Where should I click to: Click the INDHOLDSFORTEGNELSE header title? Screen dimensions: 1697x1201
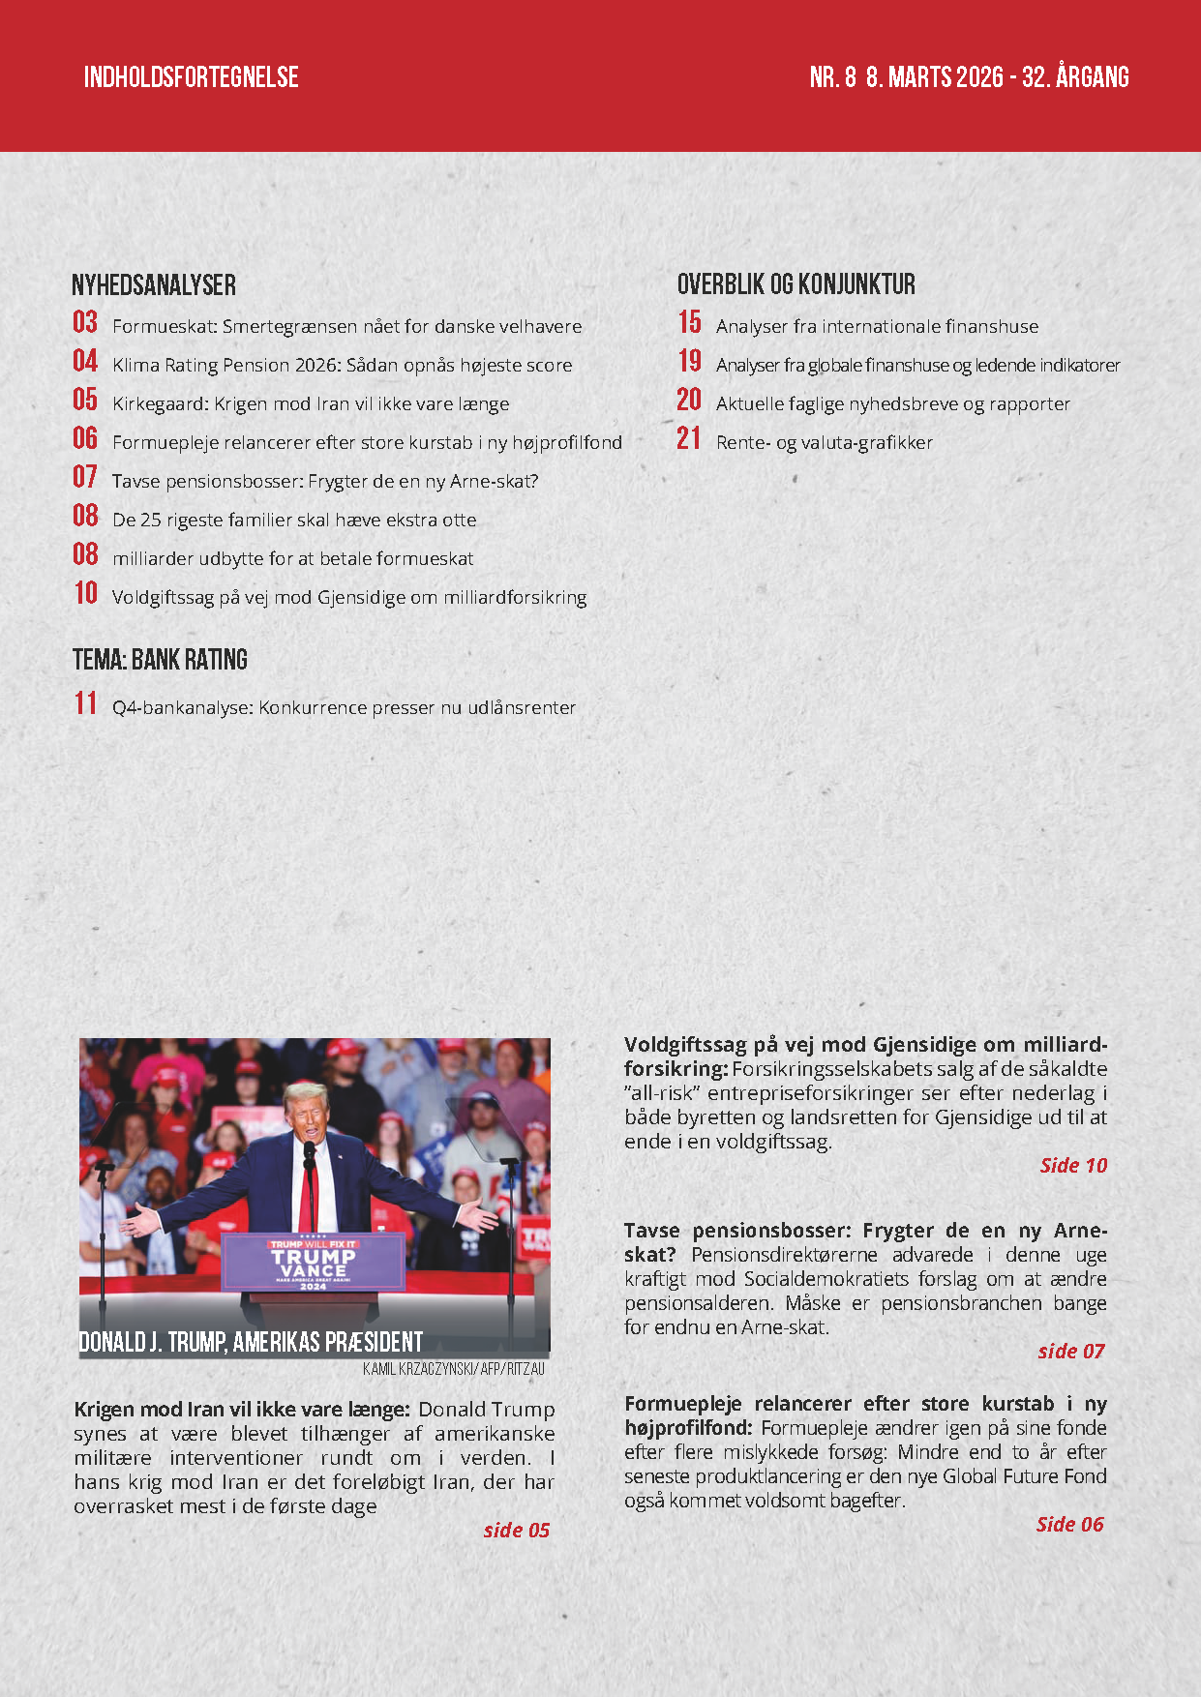[x=191, y=77]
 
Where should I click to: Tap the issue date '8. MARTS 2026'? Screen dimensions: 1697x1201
[x=934, y=77]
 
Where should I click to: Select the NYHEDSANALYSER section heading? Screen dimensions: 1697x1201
[x=154, y=285]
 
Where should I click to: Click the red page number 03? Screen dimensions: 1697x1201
[x=85, y=322]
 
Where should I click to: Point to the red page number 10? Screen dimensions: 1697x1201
[x=85, y=593]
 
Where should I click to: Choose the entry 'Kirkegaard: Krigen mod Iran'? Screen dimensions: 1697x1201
[x=310, y=403]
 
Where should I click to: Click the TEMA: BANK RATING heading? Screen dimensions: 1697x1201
[x=160, y=660]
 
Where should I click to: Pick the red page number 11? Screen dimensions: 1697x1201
[x=85, y=703]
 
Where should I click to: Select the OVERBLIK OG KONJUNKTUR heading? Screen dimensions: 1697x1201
[x=796, y=284]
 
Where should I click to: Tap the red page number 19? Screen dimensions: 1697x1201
[x=689, y=361]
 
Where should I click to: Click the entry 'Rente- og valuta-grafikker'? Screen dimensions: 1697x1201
[x=824, y=442]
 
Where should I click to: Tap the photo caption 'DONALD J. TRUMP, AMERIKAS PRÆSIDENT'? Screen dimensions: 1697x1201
[x=251, y=1342]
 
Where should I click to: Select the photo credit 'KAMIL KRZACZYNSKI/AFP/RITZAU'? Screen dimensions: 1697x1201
[x=453, y=1369]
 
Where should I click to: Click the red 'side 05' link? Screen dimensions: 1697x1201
[x=516, y=1530]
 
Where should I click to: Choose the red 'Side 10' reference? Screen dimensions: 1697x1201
[x=1072, y=1165]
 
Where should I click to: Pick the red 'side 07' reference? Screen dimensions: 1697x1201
[x=1070, y=1351]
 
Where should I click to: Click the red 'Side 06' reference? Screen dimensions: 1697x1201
[x=1069, y=1524]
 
